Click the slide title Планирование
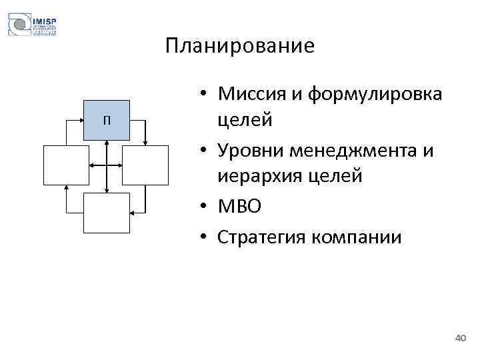tap(239, 46)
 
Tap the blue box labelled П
tap(106, 120)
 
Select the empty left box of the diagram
tap(66, 164)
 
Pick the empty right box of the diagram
tap(146, 164)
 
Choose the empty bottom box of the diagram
tap(106, 212)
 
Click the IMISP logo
tap(32, 25)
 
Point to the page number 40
tap(459, 339)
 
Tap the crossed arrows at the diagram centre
tap(106, 164)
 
